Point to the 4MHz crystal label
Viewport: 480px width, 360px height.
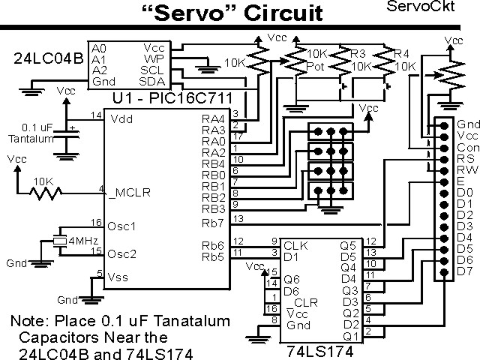click(84, 241)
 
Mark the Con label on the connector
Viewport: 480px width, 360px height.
click(466, 148)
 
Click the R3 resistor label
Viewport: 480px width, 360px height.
click(358, 54)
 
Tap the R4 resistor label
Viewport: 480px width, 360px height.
click(403, 54)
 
